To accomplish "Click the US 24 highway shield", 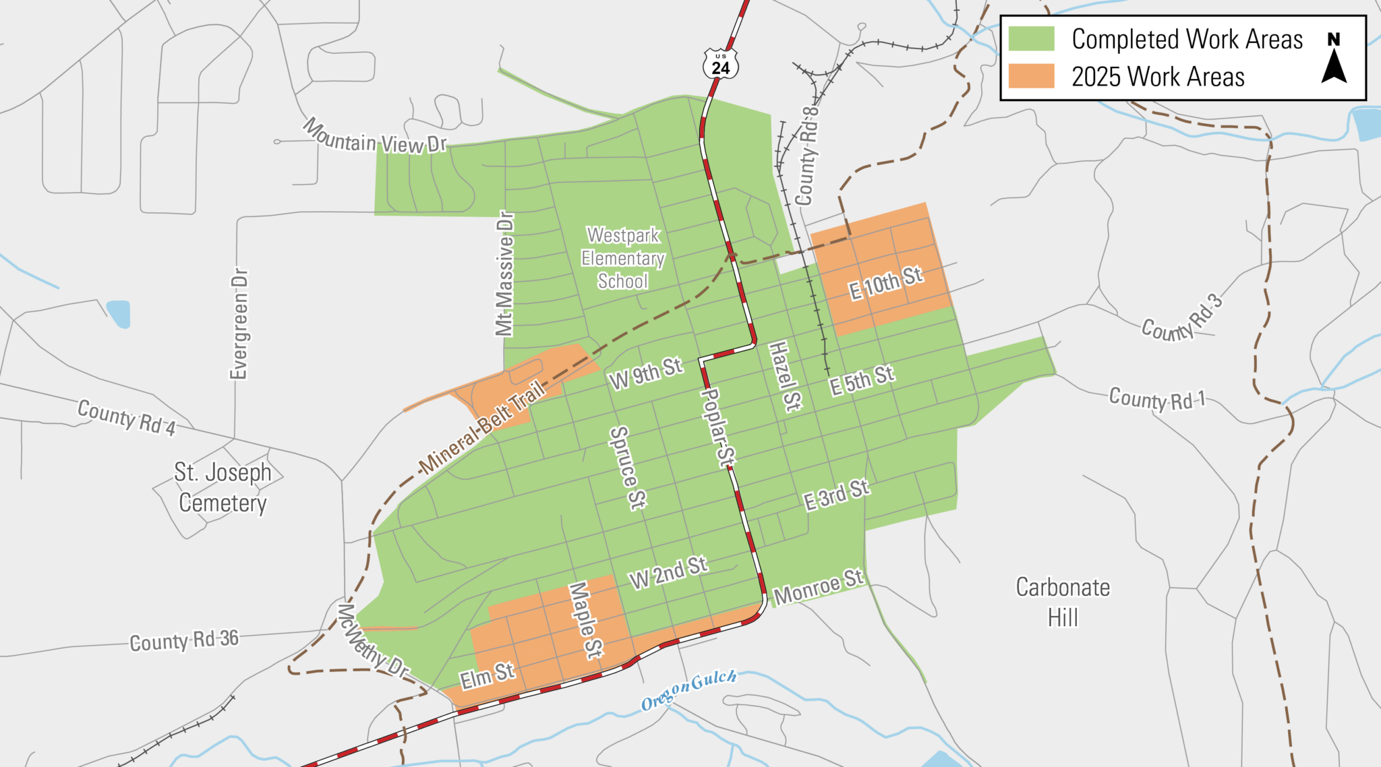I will (x=720, y=65).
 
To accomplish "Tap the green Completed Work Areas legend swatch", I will (x=1031, y=38).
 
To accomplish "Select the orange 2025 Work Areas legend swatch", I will (x=1031, y=76).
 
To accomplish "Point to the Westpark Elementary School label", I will (x=623, y=258).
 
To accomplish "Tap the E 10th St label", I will (x=885, y=283).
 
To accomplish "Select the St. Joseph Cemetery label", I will (x=223, y=487).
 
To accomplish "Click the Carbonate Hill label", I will (x=1063, y=602).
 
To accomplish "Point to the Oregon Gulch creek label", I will (x=688, y=689).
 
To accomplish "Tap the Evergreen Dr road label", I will (x=239, y=324).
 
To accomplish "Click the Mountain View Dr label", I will (x=374, y=137).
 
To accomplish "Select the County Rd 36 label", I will (x=184, y=640).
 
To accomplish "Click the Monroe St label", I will (x=818, y=587).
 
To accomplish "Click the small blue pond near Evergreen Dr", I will (x=119, y=313).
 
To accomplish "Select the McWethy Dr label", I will (x=372, y=640).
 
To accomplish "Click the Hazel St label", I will (x=784, y=376).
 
